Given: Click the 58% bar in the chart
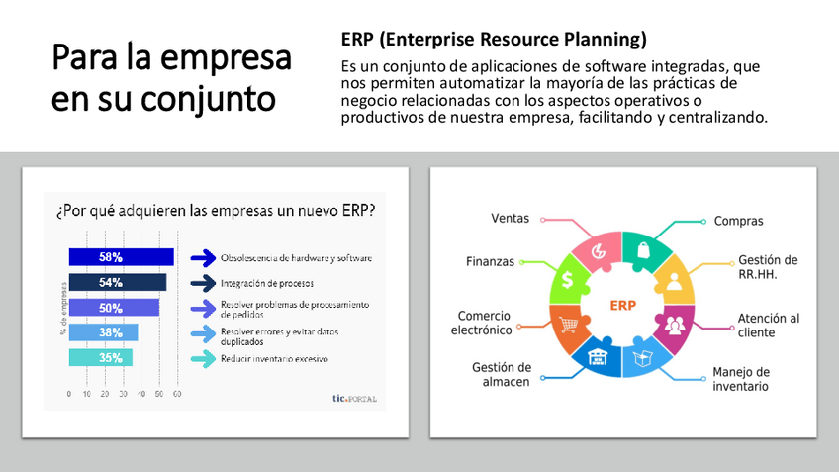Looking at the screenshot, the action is point(122,257).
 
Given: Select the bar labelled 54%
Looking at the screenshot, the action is point(118,282).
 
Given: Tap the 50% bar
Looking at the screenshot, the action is point(114,307).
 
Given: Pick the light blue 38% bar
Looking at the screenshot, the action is point(103,332).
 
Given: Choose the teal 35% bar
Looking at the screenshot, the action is point(101,357).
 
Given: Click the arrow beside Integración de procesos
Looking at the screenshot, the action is point(204,283).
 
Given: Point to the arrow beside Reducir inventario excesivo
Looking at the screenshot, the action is point(204,358).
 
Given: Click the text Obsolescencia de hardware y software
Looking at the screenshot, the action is point(296,258).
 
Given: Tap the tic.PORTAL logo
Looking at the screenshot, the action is point(355,398).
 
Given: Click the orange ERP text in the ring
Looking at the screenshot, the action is point(623,306).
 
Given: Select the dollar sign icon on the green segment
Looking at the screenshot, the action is point(567,279).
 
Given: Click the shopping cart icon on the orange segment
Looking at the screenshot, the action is point(568,325).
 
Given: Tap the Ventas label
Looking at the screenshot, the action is point(510,219).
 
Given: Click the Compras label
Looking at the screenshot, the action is point(738,221).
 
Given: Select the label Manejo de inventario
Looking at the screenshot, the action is point(741,379).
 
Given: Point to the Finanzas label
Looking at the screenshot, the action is point(490,261).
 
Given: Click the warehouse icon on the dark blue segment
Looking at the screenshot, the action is point(598,357).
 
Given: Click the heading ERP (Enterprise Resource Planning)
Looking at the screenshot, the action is point(494,39).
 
